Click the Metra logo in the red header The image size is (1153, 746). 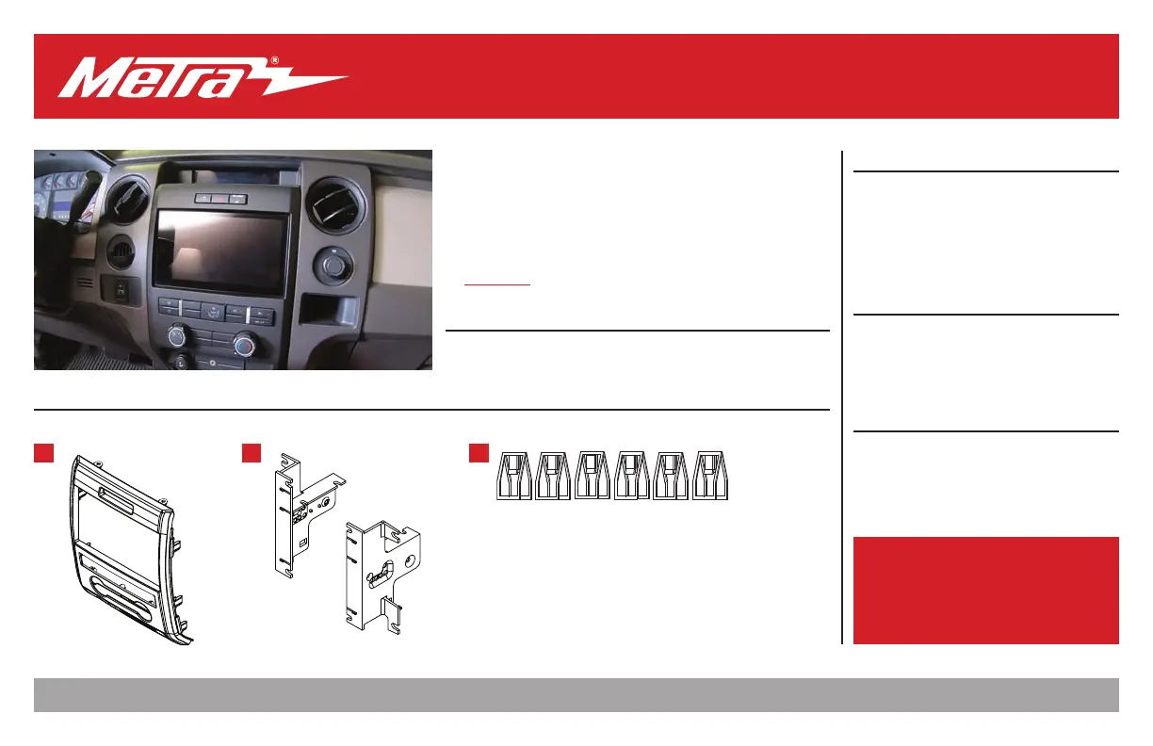pyautogui.click(x=203, y=77)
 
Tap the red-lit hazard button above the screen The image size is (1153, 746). pyautogui.click(x=218, y=198)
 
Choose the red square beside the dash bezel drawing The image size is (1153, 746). pyautogui.click(x=43, y=453)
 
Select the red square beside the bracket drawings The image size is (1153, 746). pyautogui.click(x=251, y=453)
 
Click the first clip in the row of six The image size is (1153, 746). pyautogui.click(x=514, y=476)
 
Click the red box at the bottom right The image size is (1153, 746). pyautogui.click(x=985, y=591)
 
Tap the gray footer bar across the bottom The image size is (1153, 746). pyautogui.click(x=576, y=695)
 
